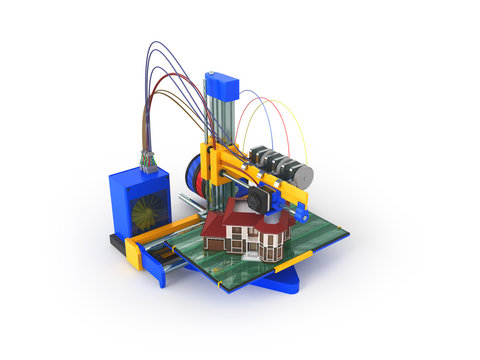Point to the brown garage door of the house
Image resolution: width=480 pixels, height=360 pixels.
(x=214, y=243)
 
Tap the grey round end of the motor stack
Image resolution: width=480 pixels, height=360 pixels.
(x=302, y=176)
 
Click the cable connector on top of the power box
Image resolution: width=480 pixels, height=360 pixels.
(x=149, y=160)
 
